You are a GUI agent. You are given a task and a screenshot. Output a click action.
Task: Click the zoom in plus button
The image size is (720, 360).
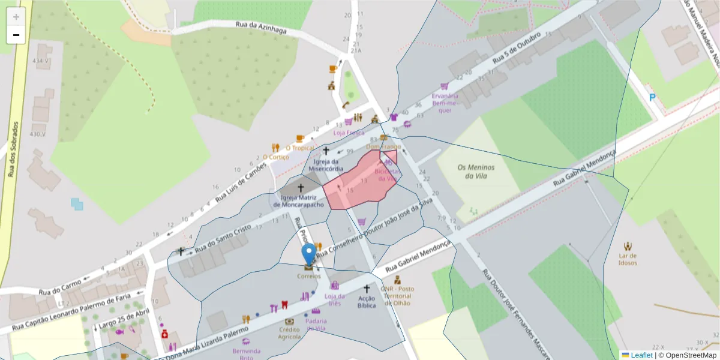pyautogui.click(x=16, y=17)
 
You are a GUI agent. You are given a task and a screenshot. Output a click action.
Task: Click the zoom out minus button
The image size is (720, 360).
pyautogui.click(x=16, y=35)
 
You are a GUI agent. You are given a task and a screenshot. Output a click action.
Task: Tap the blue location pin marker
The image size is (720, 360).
pyautogui.click(x=309, y=254)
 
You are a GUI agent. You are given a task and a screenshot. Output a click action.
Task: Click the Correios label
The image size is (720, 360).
pyautogui.click(x=308, y=276)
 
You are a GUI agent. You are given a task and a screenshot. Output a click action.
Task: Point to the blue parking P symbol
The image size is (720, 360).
pyautogui.click(x=652, y=98)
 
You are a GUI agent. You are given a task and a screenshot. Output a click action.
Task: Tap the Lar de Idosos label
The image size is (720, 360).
pyautogui.click(x=628, y=259)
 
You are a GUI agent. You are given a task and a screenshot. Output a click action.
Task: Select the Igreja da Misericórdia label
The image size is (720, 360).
pyautogui.click(x=326, y=165)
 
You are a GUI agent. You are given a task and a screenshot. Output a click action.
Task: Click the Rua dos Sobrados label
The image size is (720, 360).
pyautogui.click(x=13, y=149)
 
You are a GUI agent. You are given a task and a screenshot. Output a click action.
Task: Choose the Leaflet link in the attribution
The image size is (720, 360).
pyautogui.click(x=641, y=355)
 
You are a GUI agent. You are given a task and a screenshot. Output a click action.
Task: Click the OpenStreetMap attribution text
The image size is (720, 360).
pyautogui.click(x=689, y=355)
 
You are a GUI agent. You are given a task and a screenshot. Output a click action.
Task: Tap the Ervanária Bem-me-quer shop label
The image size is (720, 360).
pyautogui.click(x=445, y=103)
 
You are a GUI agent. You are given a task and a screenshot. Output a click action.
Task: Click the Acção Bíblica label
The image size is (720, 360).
pyautogui.click(x=366, y=302)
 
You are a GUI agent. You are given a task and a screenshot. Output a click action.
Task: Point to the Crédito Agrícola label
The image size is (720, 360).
pyautogui.click(x=289, y=333)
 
